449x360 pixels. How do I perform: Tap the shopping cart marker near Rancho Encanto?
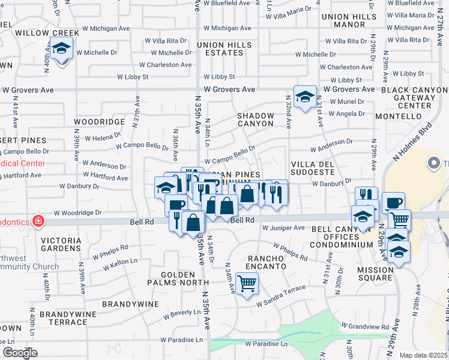(x=247, y=283)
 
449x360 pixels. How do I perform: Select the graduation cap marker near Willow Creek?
(x=61, y=48)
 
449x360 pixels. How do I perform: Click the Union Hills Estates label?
(x=224, y=49)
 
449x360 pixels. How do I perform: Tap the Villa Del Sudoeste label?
(x=312, y=167)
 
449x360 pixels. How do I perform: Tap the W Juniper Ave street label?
(x=284, y=228)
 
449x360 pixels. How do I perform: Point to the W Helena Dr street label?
(x=103, y=138)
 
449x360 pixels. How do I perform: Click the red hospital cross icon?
(x=38, y=221)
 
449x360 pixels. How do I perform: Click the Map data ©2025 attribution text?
(x=423, y=355)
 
